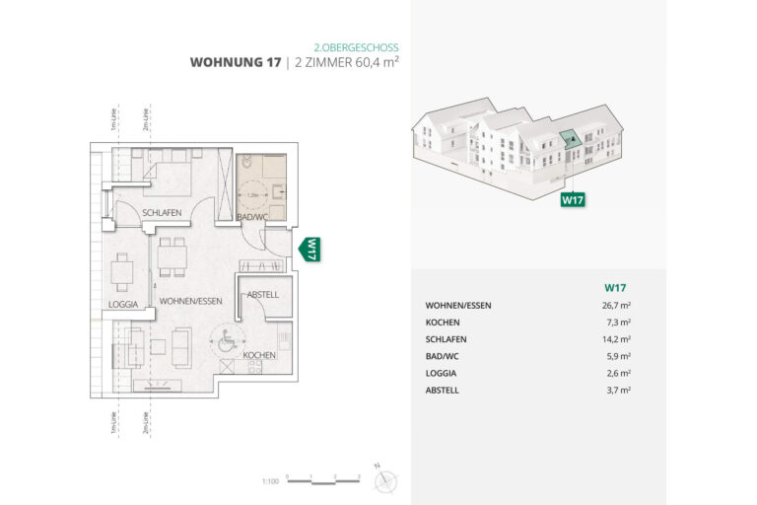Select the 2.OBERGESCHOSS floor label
coord(356,46)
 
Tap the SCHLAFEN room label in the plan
coord(161,213)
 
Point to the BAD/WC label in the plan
coord(253,216)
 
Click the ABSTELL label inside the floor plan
coord(263,294)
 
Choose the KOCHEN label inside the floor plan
coord(258,354)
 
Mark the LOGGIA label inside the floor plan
coord(123,304)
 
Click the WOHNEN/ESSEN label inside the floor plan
coord(189,304)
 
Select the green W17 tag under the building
coord(573,199)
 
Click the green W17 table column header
coord(616,287)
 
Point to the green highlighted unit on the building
coord(570,141)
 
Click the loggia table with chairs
coord(121,269)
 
